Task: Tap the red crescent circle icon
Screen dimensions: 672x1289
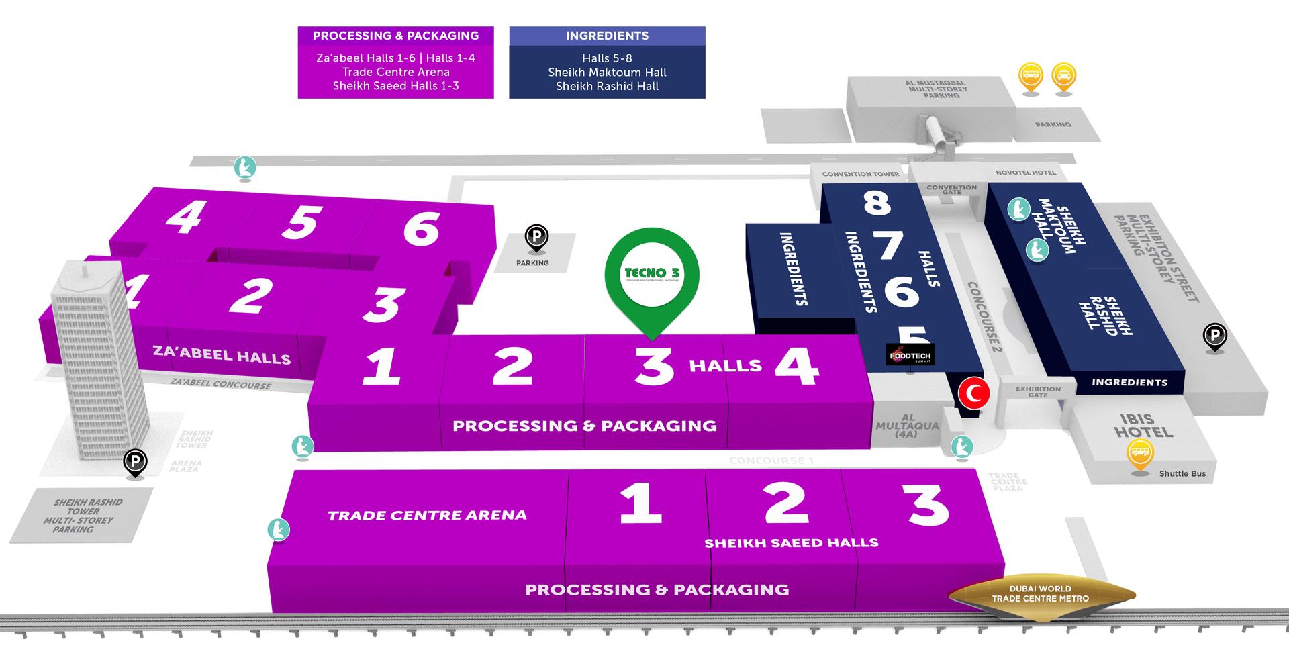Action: (974, 393)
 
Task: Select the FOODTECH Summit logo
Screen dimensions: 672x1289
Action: (910, 354)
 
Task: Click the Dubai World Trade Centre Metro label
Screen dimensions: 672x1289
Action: (1040, 593)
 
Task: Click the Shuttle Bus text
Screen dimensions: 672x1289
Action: (1182, 473)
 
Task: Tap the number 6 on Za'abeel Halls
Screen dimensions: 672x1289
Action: (422, 228)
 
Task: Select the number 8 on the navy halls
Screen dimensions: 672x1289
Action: (877, 201)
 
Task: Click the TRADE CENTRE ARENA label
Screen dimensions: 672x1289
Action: (427, 516)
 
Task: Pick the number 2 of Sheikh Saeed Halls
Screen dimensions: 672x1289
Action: (785, 503)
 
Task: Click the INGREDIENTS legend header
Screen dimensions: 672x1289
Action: (607, 36)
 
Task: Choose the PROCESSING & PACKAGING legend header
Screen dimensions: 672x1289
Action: (395, 36)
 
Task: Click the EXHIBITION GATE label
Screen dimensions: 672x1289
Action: (1038, 392)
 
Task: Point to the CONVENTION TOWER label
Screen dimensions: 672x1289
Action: (860, 174)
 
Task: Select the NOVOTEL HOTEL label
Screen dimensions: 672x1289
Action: (1025, 173)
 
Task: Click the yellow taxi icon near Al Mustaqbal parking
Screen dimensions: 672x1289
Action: (1063, 76)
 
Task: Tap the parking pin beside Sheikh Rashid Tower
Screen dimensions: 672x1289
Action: (135, 462)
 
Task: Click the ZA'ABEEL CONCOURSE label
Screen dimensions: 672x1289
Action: (221, 383)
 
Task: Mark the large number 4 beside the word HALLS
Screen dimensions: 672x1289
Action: (797, 367)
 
